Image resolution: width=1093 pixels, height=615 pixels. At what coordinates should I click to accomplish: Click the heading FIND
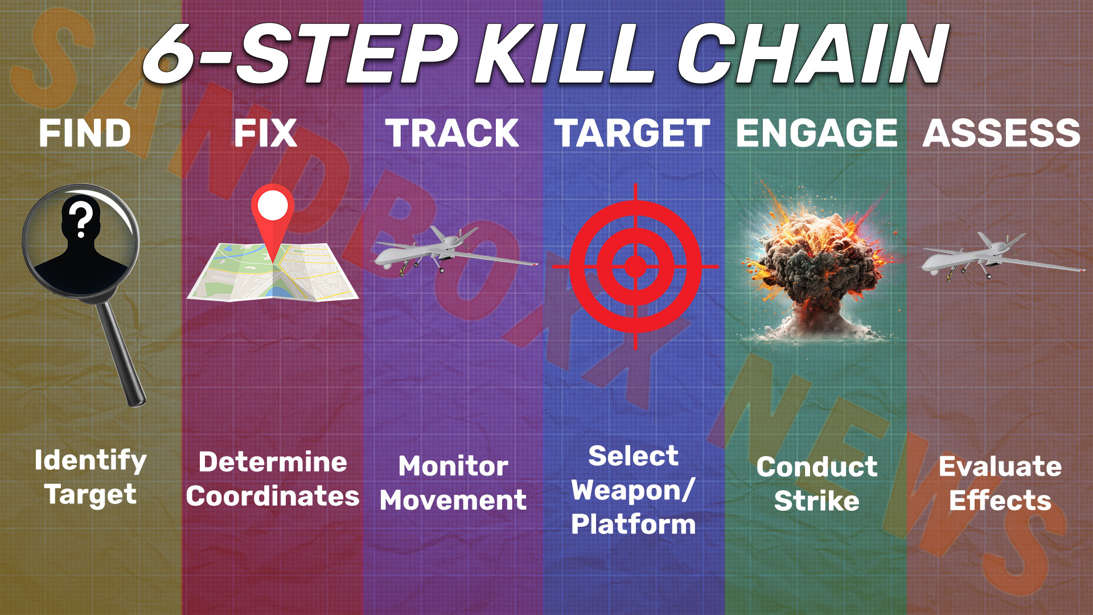pyautogui.click(x=85, y=133)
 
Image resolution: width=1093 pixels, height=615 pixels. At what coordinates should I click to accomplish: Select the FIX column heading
pyautogui.click(x=265, y=133)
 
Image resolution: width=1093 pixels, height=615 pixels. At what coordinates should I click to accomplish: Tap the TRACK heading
pyautogui.click(x=452, y=133)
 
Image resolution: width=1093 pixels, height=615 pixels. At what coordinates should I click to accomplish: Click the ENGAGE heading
pyautogui.click(x=816, y=133)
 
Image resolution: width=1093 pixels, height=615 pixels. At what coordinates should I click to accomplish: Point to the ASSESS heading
pyautogui.click(x=1001, y=133)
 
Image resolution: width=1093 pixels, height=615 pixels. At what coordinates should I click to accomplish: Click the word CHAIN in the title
pyautogui.click(x=811, y=55)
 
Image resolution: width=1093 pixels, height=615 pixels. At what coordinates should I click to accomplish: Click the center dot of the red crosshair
pyautogui.click(x=635, y=266)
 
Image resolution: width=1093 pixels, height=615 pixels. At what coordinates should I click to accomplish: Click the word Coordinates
pyautogui.click(x=273, y=497)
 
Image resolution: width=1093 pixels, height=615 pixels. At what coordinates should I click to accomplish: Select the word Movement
pyautogui.click(x=453, y=501)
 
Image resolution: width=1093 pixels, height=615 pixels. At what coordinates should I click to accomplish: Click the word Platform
pyautogui.click(x=633, y=524)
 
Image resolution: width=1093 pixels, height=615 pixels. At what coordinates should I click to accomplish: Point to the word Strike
pyautogui.click(x=816, y=501)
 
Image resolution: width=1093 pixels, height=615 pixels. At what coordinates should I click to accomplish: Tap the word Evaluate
pyautogui.click(x=1000, y=467)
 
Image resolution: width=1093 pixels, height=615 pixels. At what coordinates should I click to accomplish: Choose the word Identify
pyautogui.click(x=91, y=460)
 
